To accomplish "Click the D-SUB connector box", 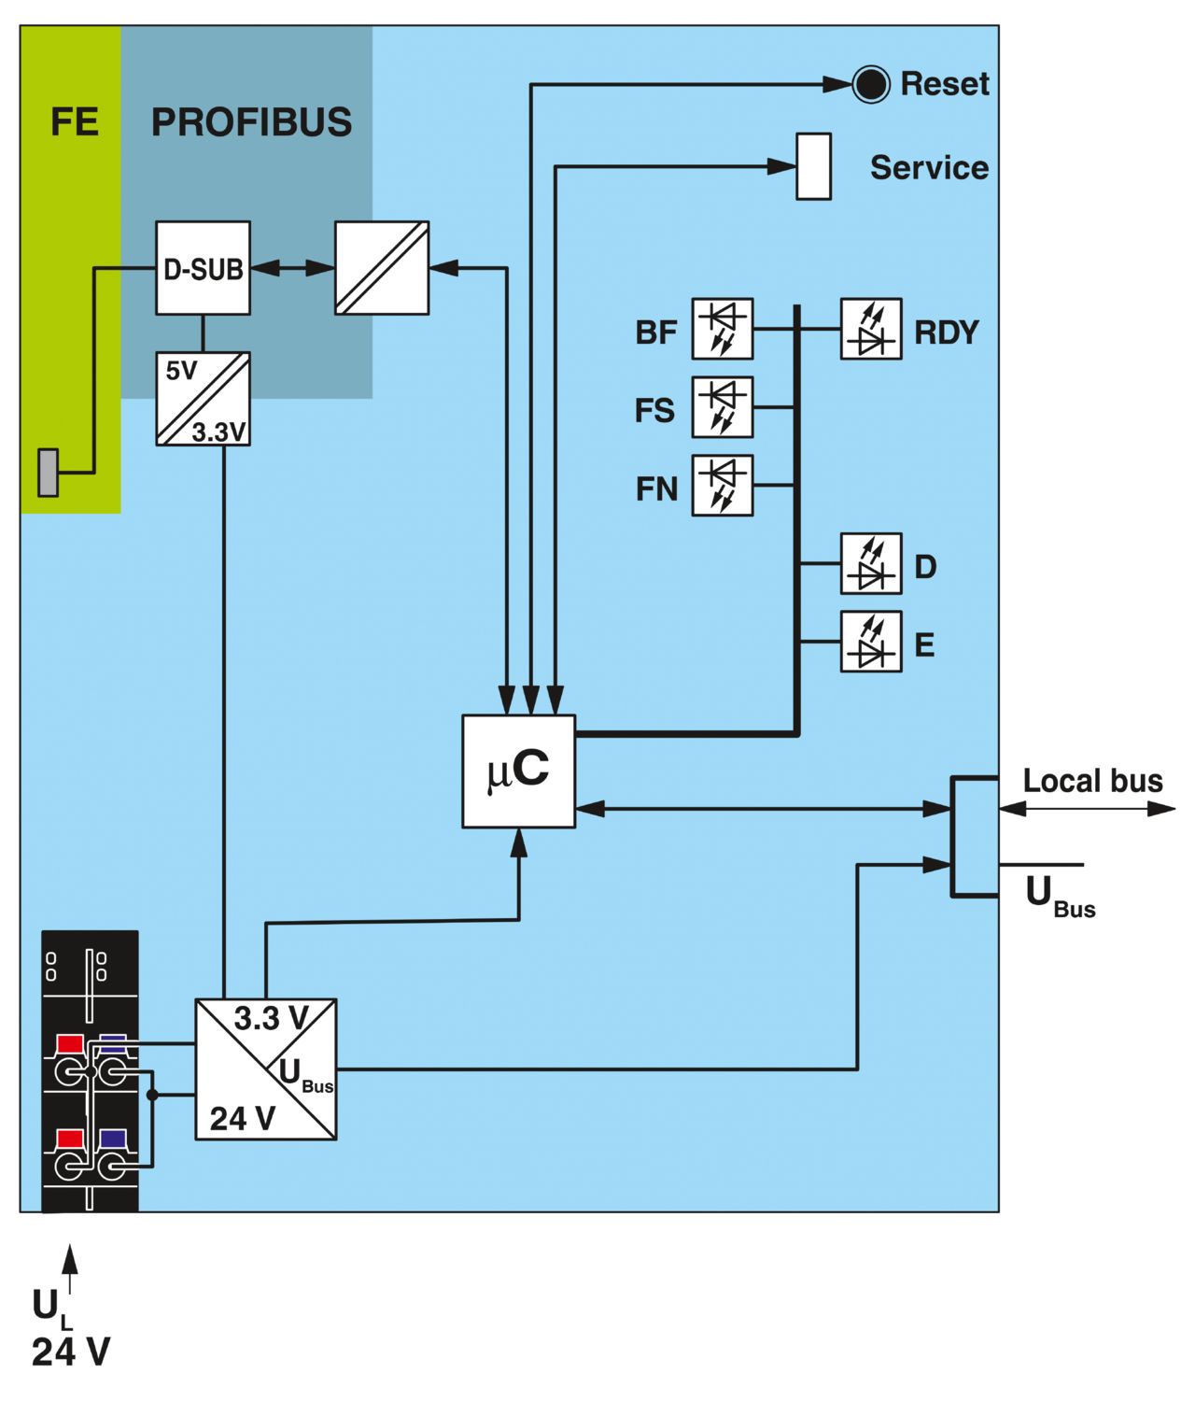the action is [203, 268].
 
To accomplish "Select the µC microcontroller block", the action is [519, 771].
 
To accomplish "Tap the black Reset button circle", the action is [870, 85].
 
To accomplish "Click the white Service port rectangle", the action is [813, 166].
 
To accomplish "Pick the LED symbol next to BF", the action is [723, 329].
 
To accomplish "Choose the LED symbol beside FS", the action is [723, 407].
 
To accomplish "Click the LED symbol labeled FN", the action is [723, 486].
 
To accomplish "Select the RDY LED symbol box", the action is [871, 329].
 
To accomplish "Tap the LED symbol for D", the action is [871, 563].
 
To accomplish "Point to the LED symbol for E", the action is [871, 642].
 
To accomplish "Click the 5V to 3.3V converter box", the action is [203, 399].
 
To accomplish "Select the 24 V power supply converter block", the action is [265, 1068].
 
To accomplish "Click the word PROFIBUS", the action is [251, 122].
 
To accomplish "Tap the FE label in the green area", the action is [75, 122].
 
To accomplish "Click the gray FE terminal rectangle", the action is [48, 473].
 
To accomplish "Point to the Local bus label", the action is [1092, 781].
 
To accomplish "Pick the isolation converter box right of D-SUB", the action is [382, 268].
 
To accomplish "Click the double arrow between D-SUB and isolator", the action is [292, 268].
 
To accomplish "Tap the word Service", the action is [930, 167].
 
